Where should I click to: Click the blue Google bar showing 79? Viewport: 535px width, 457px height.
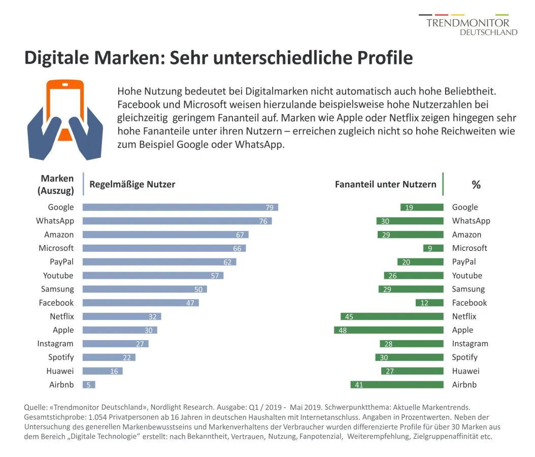180,207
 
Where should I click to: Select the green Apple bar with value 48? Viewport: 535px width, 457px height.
389,330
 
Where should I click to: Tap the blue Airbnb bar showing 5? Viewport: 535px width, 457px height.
89,385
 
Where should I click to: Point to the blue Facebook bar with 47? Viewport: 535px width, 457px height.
141,303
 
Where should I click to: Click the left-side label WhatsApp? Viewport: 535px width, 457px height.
55,221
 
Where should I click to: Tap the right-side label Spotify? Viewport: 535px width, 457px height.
465,357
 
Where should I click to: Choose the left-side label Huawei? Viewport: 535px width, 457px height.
60,371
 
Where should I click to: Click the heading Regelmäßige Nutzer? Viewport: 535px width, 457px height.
132,184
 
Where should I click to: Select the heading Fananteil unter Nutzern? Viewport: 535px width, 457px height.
385,184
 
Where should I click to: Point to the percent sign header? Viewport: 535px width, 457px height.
476,185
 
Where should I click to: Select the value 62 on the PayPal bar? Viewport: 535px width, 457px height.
227,262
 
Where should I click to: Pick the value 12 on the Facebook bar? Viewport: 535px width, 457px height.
423,303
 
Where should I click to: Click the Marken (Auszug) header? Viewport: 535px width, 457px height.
57,184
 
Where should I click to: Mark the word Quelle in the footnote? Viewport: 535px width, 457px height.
36,408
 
